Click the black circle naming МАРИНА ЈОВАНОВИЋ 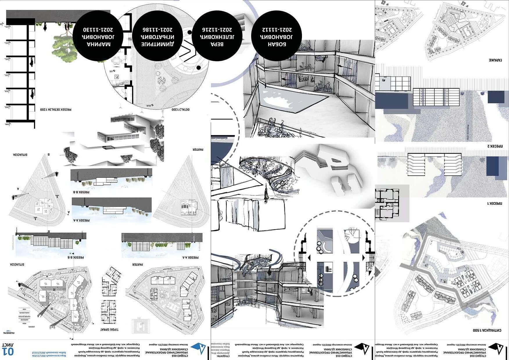coord(98,36)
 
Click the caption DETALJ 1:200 coord(180,110)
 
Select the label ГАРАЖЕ coord(495,60)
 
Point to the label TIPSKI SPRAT coord(109,330)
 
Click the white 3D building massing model coord(331,168)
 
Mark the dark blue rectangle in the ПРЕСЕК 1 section coord(492,166)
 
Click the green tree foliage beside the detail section coord(64,46)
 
